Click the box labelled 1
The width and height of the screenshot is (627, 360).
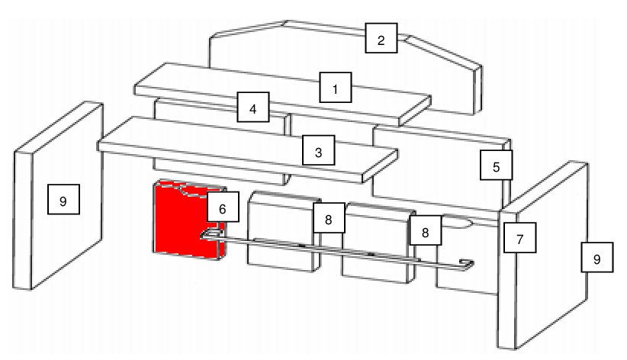[x=336, y=87]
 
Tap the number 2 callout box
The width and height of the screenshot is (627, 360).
[x=381, y=38]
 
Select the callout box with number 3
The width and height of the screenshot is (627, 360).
[x=318, y=150]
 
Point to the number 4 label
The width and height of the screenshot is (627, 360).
[x=253, y=107]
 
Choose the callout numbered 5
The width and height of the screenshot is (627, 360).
[x=497, y=165]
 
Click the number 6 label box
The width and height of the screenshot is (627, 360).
[x=223, y=207]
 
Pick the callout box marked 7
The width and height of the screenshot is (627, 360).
[x=520, y=238]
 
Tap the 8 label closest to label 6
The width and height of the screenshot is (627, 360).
[x=329, y=217]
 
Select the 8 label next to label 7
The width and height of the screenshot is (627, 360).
[x=426, y=230]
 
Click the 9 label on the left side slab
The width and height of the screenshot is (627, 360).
[x=63, y=199]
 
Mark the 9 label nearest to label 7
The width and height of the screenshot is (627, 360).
[x=597, y=257]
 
